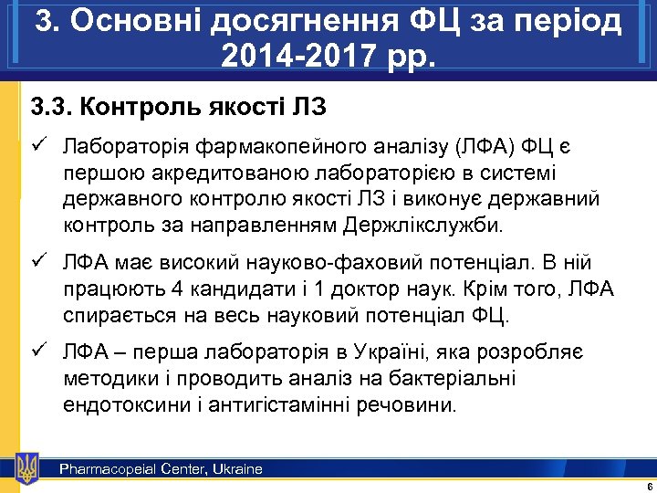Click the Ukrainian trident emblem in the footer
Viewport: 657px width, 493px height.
(x=27, y=467)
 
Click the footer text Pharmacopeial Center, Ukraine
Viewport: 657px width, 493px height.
(x=161, y=469)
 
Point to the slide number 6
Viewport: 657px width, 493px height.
(x=647, y=486)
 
